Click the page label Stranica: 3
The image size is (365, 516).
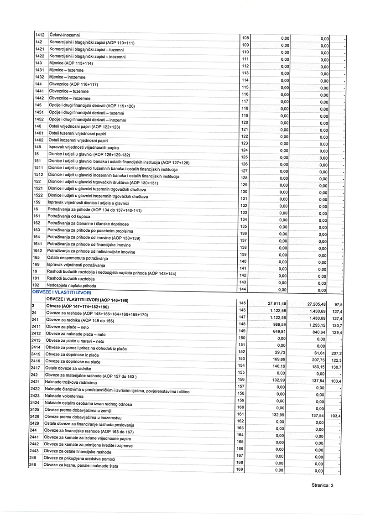(321, 485)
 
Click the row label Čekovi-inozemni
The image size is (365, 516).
(64, 35)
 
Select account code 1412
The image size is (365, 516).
(39, 35)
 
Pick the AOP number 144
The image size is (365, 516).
(243, 289)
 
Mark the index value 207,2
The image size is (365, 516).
(338, 353)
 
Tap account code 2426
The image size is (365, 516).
(36, 416)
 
